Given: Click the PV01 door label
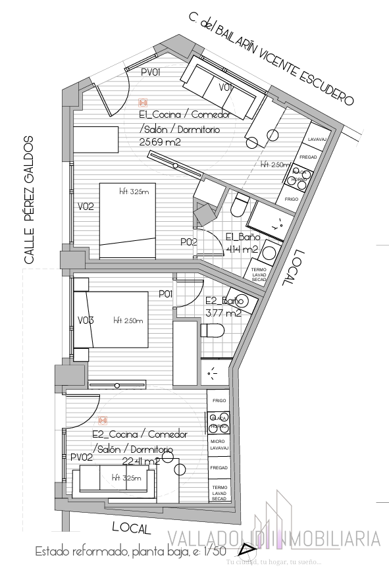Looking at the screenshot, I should click(x=151, y=72).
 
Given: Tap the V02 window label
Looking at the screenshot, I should click(x=86, y=207).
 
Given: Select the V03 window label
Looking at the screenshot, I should click(x=86, y=321).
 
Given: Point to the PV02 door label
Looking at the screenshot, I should click(x=80, y=457).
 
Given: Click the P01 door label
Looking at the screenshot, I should click(x=165, y=294).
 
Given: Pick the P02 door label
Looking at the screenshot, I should click(x=189, y=242).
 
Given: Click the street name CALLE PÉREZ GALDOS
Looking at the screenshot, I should click(x=29, y=200).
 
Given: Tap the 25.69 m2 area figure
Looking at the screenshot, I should click(x=160, y=142).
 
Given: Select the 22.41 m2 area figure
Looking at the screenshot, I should click(x=141, y=461).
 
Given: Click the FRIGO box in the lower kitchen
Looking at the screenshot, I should click(x=219, y=400).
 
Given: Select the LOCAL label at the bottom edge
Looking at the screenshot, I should click(x=132, y=527).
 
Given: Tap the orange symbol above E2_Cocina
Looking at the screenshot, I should click(x=103, y=420).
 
